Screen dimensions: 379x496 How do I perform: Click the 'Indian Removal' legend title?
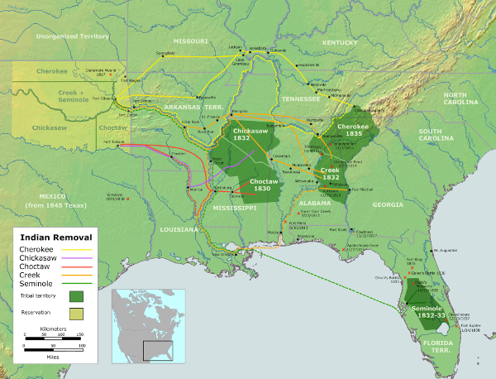coord(59,237)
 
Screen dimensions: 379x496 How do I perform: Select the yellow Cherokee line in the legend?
coord(79,249)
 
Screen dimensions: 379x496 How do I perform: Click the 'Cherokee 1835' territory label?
coord(353,129)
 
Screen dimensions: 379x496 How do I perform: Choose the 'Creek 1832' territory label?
coord(331,173)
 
